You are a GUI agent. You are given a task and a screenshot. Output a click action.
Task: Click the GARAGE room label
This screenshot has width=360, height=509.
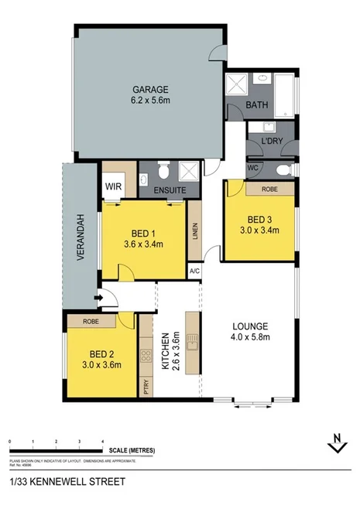pyautogui.click(x=149, y=88)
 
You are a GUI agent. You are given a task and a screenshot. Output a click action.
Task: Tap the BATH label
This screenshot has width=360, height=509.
pyautogui.click(x=256, y=104)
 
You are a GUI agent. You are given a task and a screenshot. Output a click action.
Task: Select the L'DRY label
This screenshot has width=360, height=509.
pyautogui.click(x=271, y=142)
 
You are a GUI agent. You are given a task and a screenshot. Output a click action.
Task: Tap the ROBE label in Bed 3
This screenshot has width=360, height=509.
pyautogui.click(x=269, y=188)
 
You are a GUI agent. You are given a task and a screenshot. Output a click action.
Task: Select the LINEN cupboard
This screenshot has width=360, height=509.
pyautogui.click(x=194, y=231)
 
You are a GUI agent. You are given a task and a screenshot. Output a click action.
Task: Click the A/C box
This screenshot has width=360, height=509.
pyautogui.click(x=194, y=272)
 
